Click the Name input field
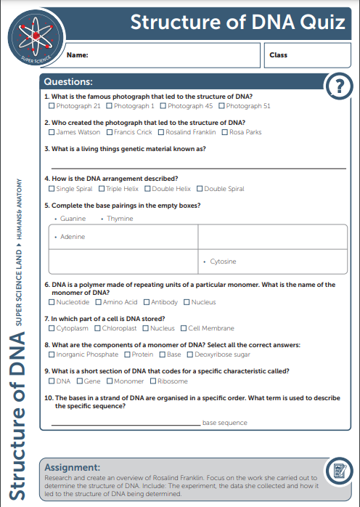pyautogui.click(x=160, y=54)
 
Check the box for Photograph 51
pyautogui.click(x=221, y=106)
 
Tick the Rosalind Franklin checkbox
pyautogui.click(x=161, y=132)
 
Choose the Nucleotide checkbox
pyautogui.click(x=51, y=302)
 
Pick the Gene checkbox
pyautogui.click(x=80, y=381)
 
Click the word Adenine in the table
pyautogui.click(x=73, y=237)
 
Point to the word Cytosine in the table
pyautogui.click(x=223, y=261)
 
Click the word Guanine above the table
pyautogui.click(x=73, y=219)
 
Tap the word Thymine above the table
pyautogui.click(x=120, y=219)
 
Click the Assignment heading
pyautogui.click(x=73, y=466)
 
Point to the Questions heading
pyautogui.click(x=68, y=82)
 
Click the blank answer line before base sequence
pyautogui.click(x=125, y=422)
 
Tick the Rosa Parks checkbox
pyautogui.click(x=224, y=132)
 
